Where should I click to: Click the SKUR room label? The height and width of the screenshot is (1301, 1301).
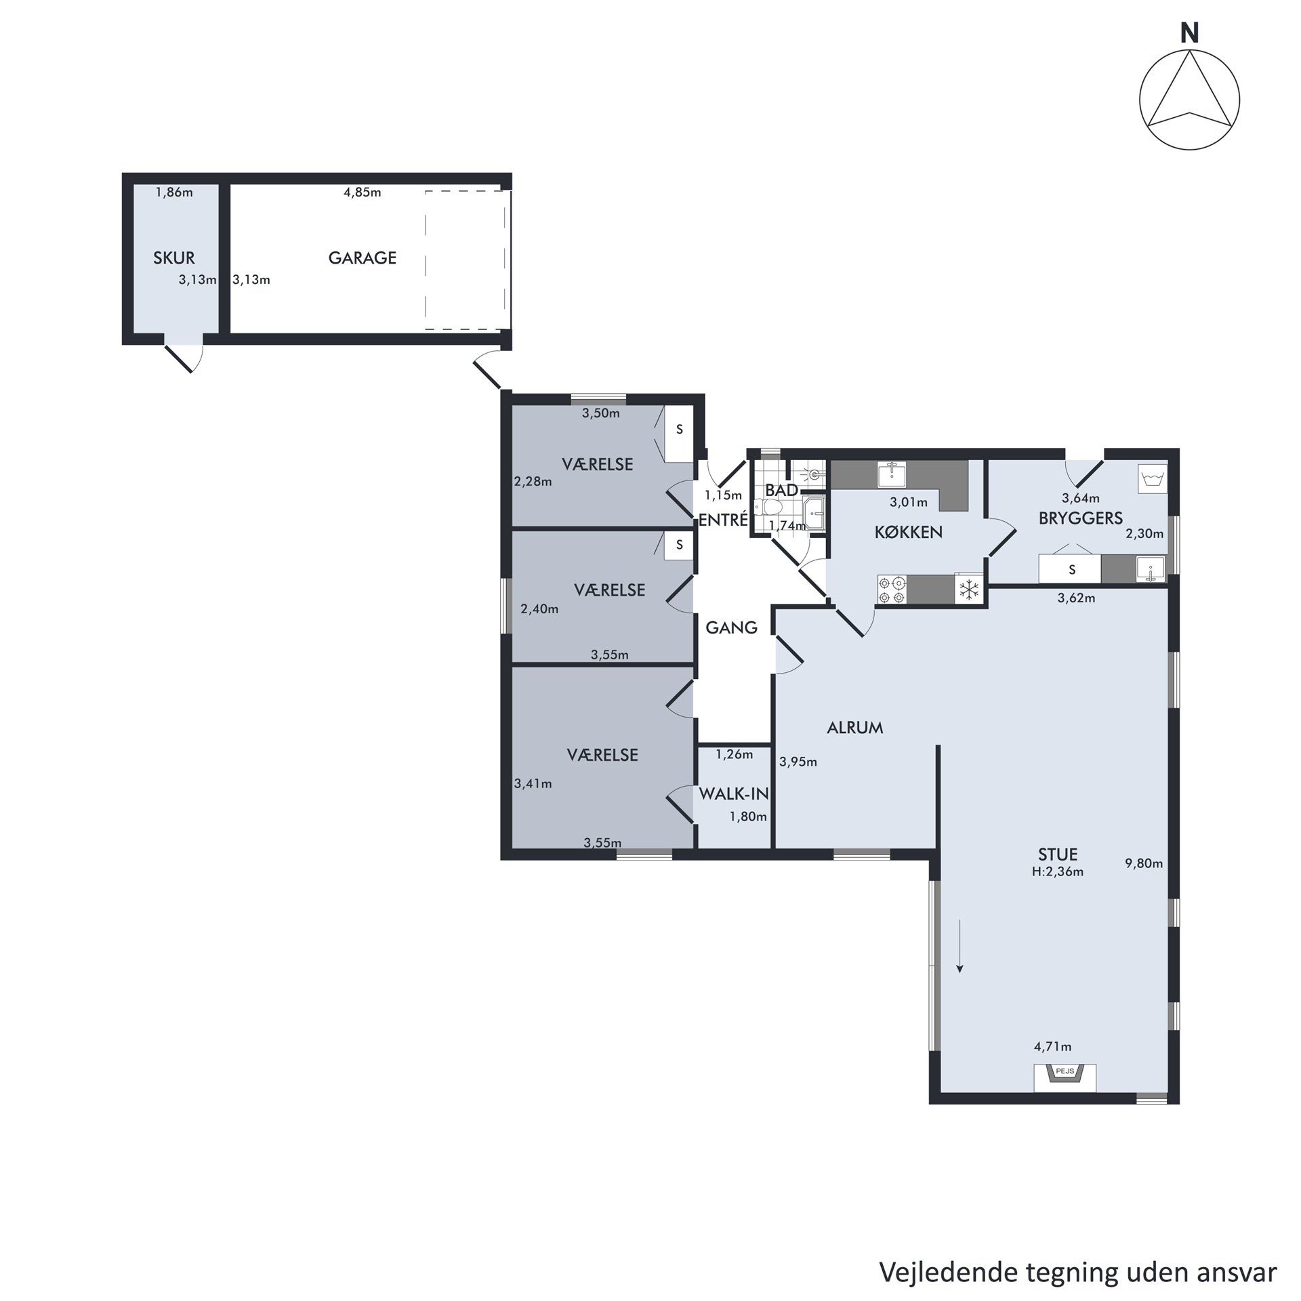tap(174, 257)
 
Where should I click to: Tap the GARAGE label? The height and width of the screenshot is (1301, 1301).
tap(363, 257)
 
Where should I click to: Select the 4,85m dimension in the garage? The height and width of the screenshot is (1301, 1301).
tap(363, 192)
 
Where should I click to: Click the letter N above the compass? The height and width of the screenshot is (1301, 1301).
tap(1189, 33)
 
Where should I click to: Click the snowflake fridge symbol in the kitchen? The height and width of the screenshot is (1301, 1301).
tap(970, 589)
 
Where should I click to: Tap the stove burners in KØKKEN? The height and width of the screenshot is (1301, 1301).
tap(892, 589)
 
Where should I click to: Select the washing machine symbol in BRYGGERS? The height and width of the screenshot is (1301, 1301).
tap(1153, 479)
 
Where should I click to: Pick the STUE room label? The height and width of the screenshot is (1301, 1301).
tap(1058, 854)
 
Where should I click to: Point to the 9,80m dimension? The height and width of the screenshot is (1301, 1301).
tap(1144, 863)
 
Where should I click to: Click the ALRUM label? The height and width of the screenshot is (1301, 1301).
tap(855, 728)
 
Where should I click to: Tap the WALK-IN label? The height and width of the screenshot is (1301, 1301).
tap(734, 793)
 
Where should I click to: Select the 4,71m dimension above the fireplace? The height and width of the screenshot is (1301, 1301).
tap(1053, 1047)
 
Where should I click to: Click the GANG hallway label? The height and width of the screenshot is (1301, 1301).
tap(731, 627)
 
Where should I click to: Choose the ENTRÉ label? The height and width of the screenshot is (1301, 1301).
tap(723, 520)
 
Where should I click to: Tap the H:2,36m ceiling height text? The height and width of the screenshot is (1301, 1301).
tap(1058, 872)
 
